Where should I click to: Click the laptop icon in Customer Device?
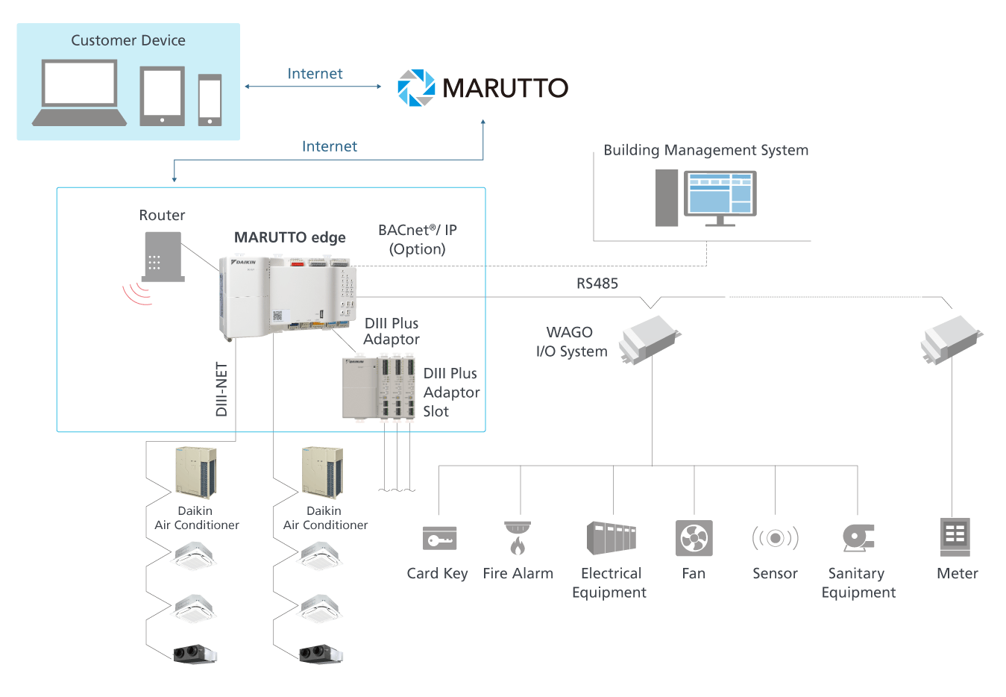79,93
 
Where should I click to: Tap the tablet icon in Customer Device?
163,96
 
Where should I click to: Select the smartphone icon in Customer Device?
210,99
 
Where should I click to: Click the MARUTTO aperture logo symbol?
415,88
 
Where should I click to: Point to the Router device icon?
163,257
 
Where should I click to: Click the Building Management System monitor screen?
720,193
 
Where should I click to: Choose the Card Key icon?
439,538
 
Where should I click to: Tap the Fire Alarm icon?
518,538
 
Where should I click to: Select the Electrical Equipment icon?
611,538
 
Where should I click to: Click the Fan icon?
694,538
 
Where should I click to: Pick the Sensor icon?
775,538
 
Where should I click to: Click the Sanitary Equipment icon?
858,538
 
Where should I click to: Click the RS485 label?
597,284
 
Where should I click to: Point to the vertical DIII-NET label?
221,389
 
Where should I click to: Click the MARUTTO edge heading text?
289,237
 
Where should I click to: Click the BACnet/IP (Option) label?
417,240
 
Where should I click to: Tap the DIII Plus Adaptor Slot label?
451,393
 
